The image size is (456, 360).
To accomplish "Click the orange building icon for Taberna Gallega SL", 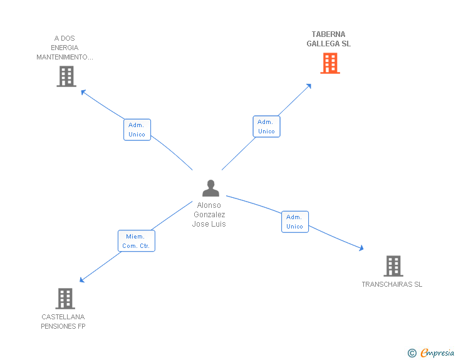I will [x=330, y=63].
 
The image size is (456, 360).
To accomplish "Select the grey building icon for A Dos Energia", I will [x=66, y=76].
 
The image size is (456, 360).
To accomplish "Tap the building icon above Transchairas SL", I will [x=393, y=265].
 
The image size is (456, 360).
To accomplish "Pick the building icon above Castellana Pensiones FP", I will [x=65, y=299].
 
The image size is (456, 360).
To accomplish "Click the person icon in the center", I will [x=210, y=188].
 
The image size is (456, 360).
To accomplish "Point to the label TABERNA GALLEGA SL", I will [x=328, y=39].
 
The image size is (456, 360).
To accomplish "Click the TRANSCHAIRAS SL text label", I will [x=391, y=284].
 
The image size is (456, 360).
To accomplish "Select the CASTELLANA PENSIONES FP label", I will [x=63, y=321].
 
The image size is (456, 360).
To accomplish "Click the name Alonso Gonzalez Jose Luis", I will [x=209, y=215].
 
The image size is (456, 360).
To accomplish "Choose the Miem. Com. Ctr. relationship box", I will [x=136, y=241].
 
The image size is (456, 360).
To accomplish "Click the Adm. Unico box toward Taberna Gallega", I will [x=266, y=126].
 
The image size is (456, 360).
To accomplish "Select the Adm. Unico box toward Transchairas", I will [x=294, y=222].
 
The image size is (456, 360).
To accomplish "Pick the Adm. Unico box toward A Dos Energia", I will [x=137, y=130].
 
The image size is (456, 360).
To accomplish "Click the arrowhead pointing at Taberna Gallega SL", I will [x=309, y=86].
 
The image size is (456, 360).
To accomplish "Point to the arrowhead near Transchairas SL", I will [x=361, y=249].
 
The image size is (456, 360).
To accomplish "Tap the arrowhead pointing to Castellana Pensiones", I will [x=82, y=280].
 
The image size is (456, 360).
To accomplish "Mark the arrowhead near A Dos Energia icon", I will [x=83, y=92].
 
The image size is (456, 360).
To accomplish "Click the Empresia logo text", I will [x=437, y=352].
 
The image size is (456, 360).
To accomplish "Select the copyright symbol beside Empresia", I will [x=412, y=353].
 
